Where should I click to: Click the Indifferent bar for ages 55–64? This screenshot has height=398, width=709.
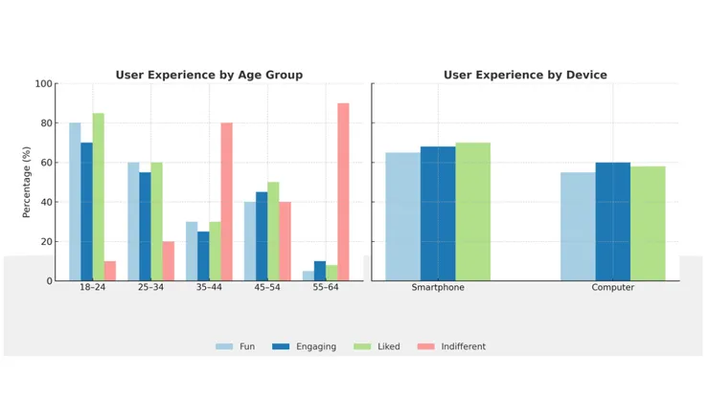(x=343, y=192)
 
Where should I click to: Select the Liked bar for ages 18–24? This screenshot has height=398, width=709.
(x=99, y=197)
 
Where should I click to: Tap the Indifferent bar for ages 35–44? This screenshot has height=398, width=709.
(x=226, y=202)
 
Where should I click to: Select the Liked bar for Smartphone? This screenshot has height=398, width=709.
(x=472, y=211)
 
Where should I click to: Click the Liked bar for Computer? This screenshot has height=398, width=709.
(x=648, y=224)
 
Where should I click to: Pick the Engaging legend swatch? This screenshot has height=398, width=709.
(x=281, y=346)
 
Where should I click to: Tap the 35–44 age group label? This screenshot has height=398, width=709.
(x=209, y=288)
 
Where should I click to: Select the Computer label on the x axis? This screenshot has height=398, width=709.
(x=612, y=288)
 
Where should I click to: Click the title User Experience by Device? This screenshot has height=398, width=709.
(x=525, y=75)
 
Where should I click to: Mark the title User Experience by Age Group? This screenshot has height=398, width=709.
(x=209, y=75)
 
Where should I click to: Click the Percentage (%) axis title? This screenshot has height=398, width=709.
(x=27, y=183)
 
